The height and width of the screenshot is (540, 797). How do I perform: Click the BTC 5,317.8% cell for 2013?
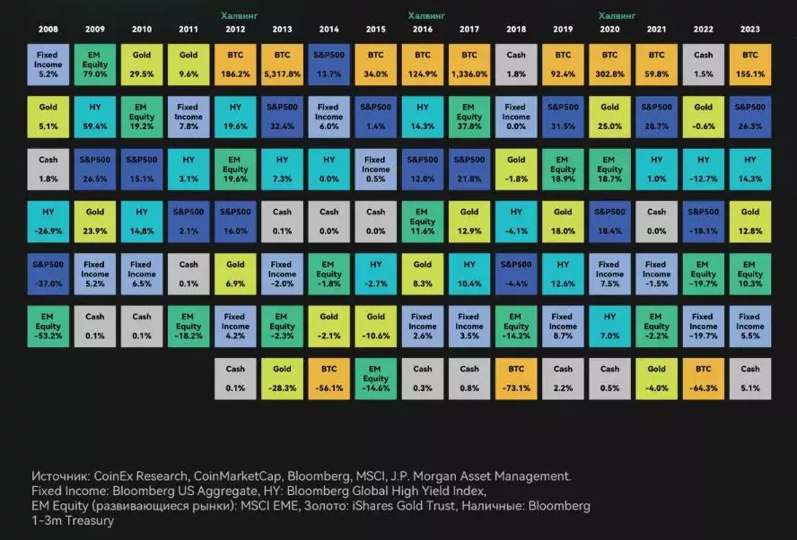point(282,65)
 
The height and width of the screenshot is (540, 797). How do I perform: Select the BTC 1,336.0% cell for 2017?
point(469,65)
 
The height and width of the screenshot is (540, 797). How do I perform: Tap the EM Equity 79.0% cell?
point(95,65)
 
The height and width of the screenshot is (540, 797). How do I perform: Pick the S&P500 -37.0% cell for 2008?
point(48,274)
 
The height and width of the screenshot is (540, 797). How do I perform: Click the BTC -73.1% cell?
point(516,379)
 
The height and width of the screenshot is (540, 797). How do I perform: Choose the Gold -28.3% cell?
point(282,379)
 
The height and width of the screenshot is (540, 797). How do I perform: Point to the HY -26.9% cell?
point(48,222)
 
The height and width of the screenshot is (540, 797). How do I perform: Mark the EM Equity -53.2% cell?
point(48,327)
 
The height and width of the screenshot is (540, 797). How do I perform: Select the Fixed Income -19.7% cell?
point(704,327)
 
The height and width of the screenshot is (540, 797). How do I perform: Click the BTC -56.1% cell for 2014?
point(328,379)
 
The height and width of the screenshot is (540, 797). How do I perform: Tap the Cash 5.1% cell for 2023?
point(750,379)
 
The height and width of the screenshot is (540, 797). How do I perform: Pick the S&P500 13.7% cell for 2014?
point(328,65)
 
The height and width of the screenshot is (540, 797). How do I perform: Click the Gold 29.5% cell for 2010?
point(142,65)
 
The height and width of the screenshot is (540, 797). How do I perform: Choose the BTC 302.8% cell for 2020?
point(610,65)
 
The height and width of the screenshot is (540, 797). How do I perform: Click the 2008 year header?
point(48,30)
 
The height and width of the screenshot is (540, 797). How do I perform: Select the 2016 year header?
point(423,30)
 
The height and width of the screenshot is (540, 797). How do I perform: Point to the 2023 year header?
point(750,30)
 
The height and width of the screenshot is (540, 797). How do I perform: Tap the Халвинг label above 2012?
point(240,16)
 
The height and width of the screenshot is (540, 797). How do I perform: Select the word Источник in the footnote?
point(60,476)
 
